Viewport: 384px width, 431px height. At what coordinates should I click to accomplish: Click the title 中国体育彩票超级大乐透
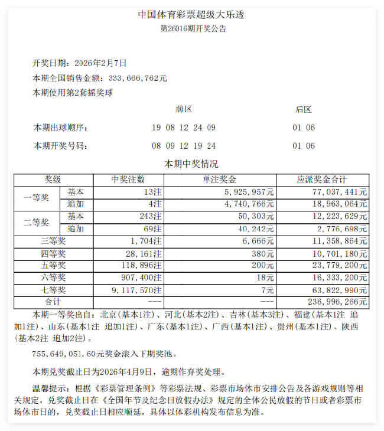[x=191, y=15]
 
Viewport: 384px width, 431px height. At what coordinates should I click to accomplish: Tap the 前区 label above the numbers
[x=184, y=109]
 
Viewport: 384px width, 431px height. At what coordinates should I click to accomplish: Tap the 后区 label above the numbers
[x=304, y=109]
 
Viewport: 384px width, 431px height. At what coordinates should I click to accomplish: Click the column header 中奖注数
[x=128, y=179]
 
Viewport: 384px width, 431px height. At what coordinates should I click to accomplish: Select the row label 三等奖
[x=53, y=240]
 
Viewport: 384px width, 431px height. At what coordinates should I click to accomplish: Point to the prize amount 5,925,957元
[x=249, y=192]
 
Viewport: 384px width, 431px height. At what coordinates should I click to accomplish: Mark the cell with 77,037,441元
[x=342, y=192]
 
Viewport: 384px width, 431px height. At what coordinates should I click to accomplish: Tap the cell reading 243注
[x=150, y=216]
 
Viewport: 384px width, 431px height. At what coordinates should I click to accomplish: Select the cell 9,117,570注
[x=136, y=289]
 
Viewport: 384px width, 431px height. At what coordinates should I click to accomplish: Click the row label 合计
[x=53, y=301]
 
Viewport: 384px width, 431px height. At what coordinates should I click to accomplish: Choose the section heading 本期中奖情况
[x=191, y=164]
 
